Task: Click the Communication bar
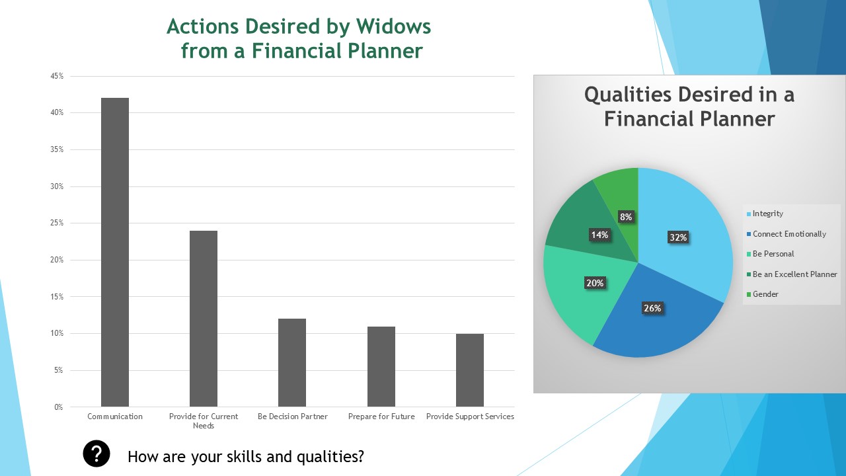[x=115, y=253]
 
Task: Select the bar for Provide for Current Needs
[x=204, y=319]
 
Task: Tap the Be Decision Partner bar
[x=292, y=363]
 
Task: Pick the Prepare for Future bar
[x=381, y=367]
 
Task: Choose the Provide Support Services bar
[x=470, y=370]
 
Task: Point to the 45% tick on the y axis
[x=57, y=76]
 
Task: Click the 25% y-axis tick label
[x=57, y=223]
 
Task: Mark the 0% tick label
[x=59, y=407]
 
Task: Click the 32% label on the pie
[x=678, y=237]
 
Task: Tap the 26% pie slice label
[x=652, y=308]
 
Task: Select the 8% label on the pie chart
[x=626, y=217]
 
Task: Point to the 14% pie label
[x=599, y=235]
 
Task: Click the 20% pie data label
[x=595, y=283]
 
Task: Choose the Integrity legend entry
[x=765, y=214]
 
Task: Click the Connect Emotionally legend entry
[x=787, y=234]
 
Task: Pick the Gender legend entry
[x=763, y=294]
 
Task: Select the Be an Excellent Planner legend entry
[x=792, y=274]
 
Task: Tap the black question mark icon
[x=96, y=454]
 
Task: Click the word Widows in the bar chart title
[x=393, y=27]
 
